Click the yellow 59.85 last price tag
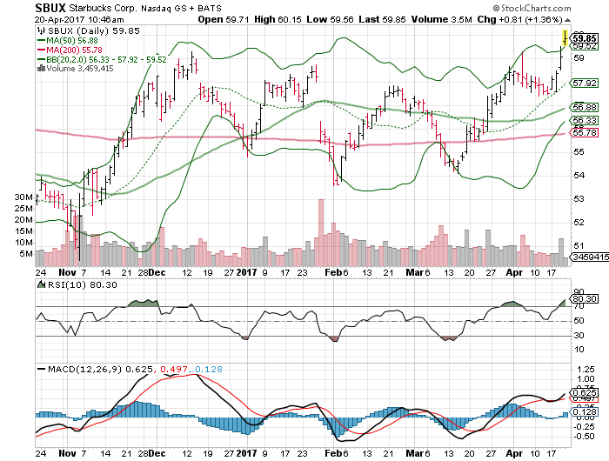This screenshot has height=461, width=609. tap(584, 38)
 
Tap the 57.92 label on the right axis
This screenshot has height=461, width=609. tap(583, 84)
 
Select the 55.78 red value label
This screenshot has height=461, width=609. tap(583, 133)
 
